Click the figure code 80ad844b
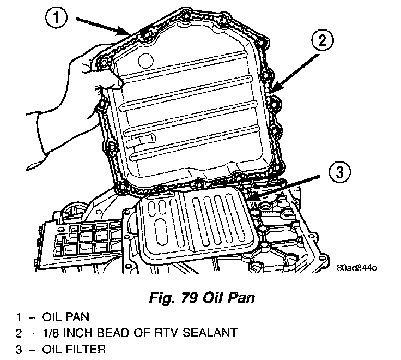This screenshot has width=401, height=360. tap(356, 268)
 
